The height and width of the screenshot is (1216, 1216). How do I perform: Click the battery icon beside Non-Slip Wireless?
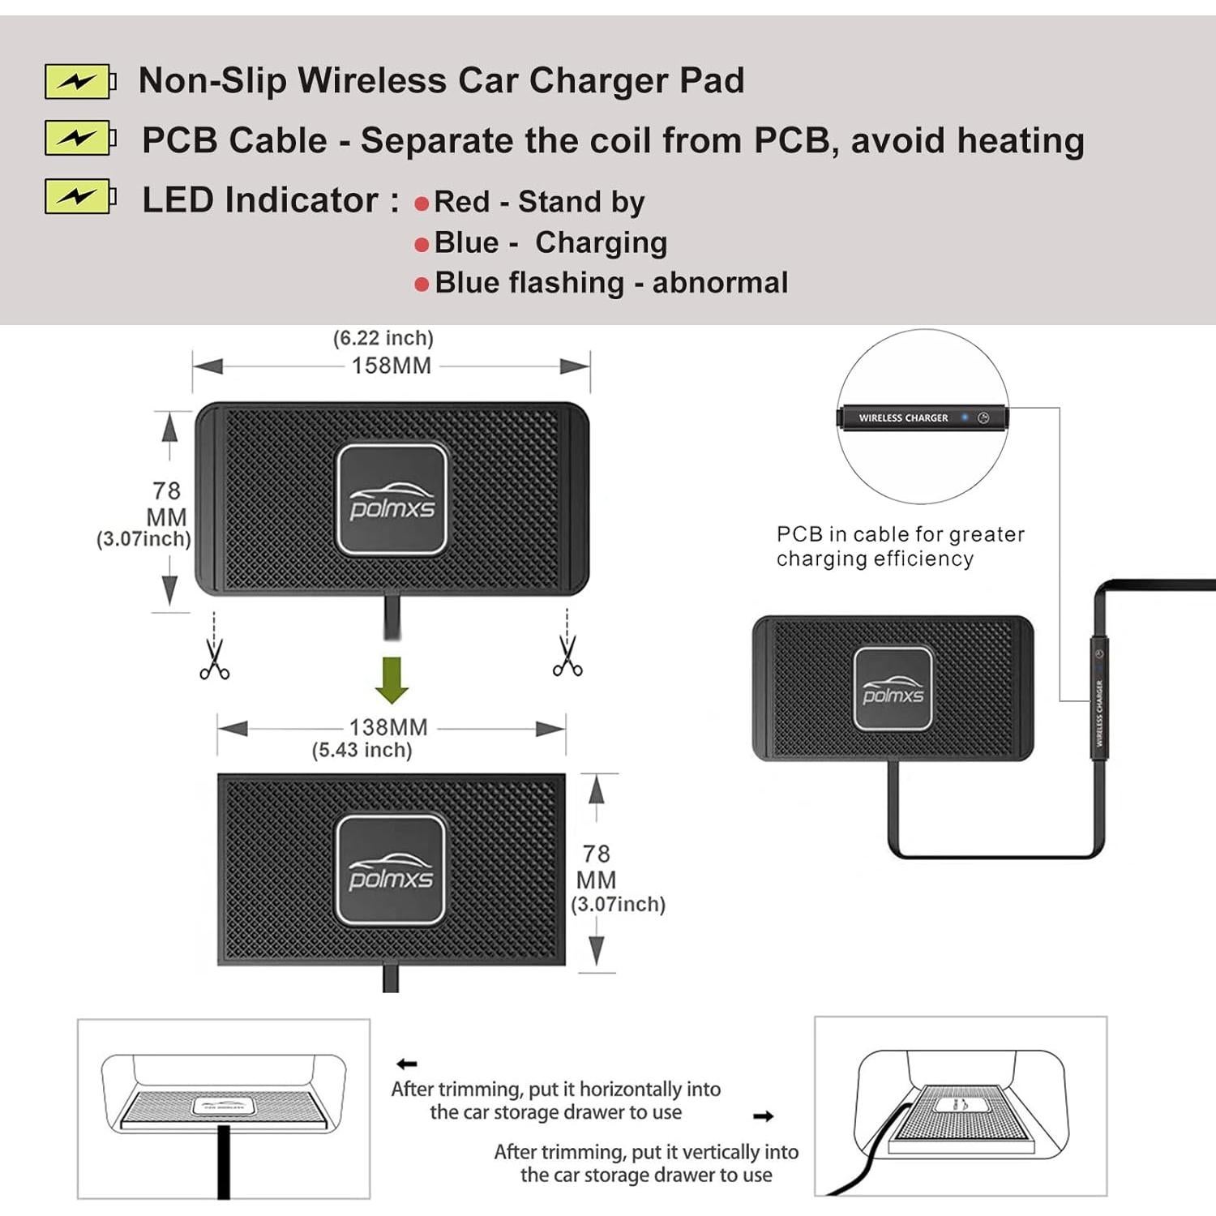(79, 81)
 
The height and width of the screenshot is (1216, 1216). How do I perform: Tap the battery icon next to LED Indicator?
(79, 196)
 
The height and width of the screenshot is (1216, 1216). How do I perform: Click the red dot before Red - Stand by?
(422, 203)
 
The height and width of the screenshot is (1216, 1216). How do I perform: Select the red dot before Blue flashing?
(422, 285)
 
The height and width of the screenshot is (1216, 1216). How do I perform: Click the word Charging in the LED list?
(601, 242)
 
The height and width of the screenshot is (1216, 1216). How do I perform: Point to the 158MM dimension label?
(392, 366)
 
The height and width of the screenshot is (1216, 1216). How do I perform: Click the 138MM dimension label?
(388, 727)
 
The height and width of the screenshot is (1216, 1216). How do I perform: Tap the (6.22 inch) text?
(383, 338)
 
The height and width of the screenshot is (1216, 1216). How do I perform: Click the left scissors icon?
(214, 659)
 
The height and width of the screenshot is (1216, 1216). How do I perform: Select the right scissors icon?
(567, 656)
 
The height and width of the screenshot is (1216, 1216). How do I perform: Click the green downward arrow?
(392, 679)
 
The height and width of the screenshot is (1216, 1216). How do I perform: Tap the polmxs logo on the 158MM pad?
(392, 499)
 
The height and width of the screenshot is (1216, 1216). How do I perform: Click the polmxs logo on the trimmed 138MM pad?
(391, 871)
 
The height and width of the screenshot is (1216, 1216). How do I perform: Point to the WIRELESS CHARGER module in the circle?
(923, 418)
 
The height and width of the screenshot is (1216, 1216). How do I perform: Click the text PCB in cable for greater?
(900, 534)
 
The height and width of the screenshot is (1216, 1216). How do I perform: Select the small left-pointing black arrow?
(407, 1064)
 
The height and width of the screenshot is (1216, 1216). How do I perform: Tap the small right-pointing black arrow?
(763, 1116)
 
